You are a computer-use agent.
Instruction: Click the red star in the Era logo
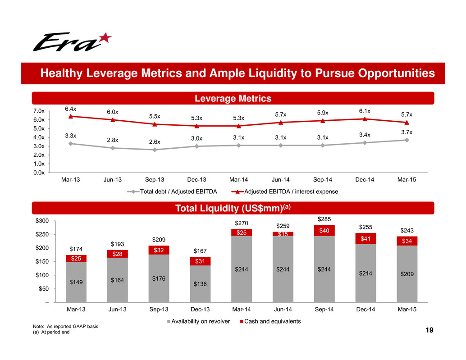pos(105,38)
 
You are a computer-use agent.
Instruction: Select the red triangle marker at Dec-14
pos(364,119)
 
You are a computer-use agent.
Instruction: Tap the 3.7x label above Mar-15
pos(407,132)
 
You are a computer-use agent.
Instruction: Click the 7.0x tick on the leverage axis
pos(39,111)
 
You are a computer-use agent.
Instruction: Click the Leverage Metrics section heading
pos(233,98)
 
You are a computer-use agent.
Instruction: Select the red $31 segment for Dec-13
pos(196,261)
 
